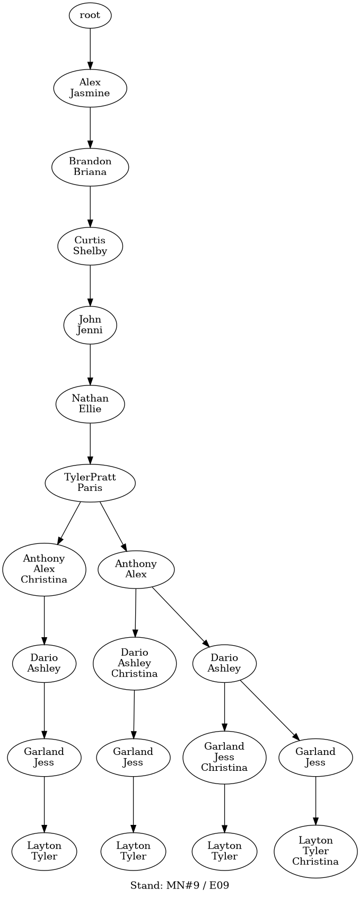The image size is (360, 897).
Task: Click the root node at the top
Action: coord(90,15)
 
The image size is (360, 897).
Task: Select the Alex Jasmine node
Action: coord(90,87)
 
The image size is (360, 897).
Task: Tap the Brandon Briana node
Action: coord(90,166)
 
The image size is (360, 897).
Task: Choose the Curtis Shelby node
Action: coord(90,245)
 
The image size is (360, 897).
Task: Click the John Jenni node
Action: coord(90,325)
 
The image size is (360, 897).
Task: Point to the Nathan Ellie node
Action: coord(90,403)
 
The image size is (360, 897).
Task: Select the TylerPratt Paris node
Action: coord(90,482)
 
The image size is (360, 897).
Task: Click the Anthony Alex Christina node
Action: coord(44,569)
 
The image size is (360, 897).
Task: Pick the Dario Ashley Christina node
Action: coord(135,663)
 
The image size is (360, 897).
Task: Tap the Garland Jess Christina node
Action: coord(224,757)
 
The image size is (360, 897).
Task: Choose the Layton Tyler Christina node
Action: coord(315,851)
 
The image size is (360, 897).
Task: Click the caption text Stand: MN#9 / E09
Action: coord(180,885)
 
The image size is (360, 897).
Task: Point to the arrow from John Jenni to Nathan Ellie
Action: coord(90,364)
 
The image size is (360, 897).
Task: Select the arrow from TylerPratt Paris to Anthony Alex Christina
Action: coord(69,523)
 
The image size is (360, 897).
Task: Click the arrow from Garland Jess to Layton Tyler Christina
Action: coord(315,801)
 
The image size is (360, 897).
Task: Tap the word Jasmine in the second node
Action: coord(90,93)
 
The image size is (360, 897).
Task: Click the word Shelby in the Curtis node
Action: coord(90,251)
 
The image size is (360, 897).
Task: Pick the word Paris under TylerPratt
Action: coord(90,488)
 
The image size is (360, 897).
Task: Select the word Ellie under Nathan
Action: coord(90,409)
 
